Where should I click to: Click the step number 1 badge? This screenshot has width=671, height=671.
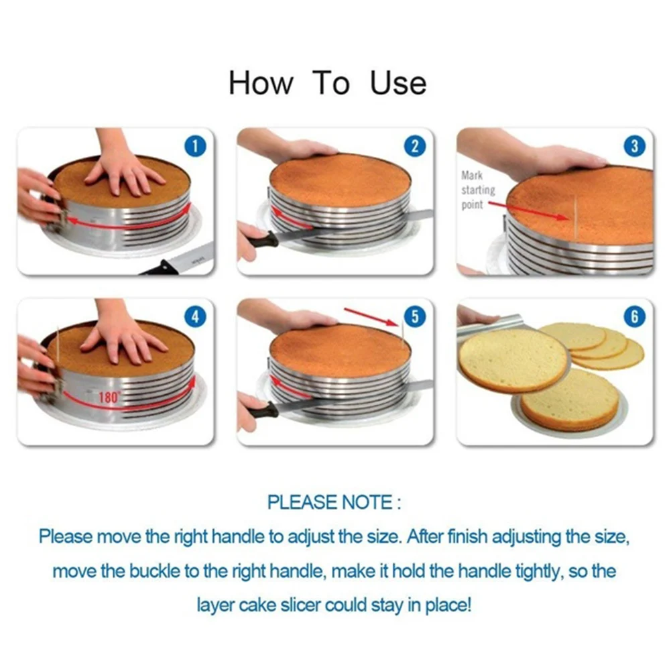click(194, 147)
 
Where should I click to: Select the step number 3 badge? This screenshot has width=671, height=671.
click(634, 147)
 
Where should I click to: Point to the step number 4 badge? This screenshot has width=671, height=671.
click(194, 317)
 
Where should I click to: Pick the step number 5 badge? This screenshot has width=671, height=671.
click(415, 317)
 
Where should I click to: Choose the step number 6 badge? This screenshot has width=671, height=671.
click(634, 317)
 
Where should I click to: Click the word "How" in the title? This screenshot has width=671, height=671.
click(261, 84)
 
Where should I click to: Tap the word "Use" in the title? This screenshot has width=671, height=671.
click(398, 84)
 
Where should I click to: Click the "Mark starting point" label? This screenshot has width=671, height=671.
click(477, 190)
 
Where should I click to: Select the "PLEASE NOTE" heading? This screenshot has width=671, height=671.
click(333, 503)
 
